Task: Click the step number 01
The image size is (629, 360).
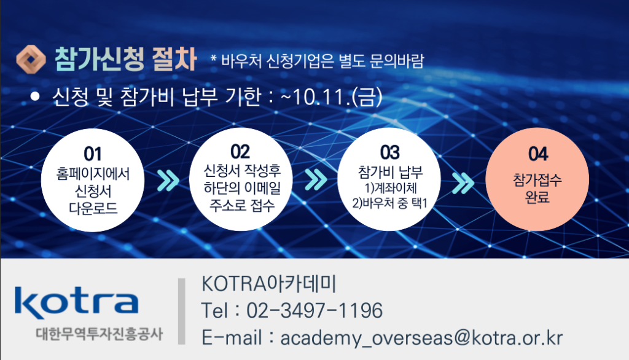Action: click(92, 154)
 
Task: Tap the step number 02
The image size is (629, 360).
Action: click(240, 152)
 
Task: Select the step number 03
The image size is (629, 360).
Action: click(389, 152)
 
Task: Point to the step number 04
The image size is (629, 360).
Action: click(537, 154)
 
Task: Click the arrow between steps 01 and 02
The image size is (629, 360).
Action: click(168, 180)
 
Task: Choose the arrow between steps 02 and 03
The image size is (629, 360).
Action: click(316, 179)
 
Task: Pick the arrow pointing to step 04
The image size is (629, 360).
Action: click(463, 184)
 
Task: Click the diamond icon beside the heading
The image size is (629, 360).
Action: click(31, 60)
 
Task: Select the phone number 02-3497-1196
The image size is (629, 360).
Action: click(314, 311)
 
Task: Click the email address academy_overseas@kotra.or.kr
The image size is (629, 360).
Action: click(421, 338)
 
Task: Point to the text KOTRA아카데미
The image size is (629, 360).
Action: click(268, 284)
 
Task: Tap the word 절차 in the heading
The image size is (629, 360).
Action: click(174, 59)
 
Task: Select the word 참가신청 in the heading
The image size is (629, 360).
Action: click(99, 59)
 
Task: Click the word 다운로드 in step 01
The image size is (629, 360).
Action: click(93, 208)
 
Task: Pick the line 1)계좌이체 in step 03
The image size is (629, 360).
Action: click(391, 188)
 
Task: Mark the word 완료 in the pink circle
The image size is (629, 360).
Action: click(537, 197)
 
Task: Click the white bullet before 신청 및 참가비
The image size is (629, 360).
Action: click(35, 96)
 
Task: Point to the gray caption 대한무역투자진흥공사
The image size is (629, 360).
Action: click(100, 334)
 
